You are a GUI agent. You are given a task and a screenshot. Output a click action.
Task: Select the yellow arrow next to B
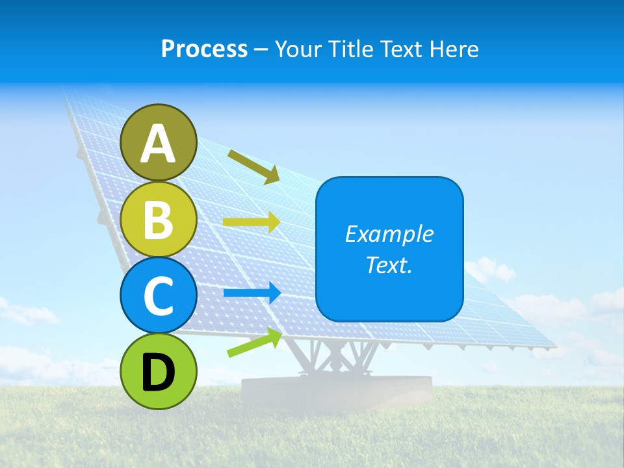click(251, 222)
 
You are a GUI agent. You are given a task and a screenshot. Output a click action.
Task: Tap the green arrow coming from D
click(253, 343)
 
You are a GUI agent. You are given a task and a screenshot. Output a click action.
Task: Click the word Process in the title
click(204, 49)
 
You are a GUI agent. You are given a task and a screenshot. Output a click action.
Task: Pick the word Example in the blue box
click(389, 234)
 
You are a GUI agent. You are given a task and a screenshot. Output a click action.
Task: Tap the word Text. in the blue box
click(389, 265)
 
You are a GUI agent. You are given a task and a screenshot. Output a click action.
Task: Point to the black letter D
click(159, 372)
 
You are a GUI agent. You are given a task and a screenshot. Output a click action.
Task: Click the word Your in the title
click(296, 49)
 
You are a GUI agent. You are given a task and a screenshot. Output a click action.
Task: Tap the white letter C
click(159, 296)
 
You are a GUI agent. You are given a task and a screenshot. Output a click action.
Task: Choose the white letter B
click(159, 219)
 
